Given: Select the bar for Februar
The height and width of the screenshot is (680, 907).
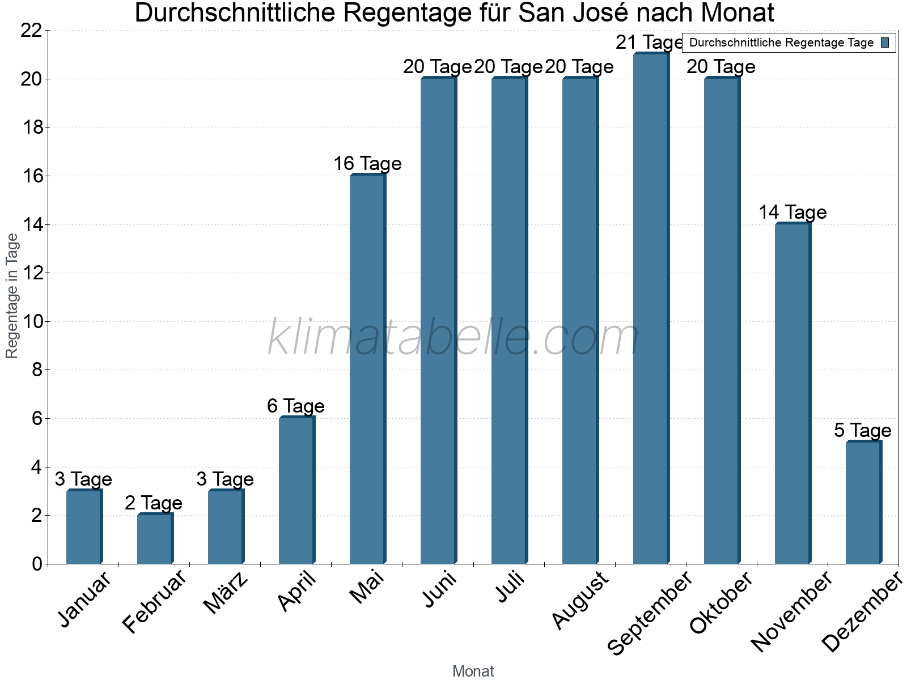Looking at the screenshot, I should tap(155, 539).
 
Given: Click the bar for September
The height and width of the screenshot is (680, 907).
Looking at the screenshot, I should tap(651, 309).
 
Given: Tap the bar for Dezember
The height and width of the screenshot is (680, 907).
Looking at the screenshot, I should tap(863, 503).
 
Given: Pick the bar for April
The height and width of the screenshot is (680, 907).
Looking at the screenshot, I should tap(296, 491).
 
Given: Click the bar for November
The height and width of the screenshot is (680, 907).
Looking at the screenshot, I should tap(792, 394).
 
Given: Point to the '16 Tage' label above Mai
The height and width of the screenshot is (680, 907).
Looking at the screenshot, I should tap(367, 164).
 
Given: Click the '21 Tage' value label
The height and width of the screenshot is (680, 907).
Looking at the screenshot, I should tap(650, 42).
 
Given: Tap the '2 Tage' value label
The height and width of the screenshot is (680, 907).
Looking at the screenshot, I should tap(154, 503).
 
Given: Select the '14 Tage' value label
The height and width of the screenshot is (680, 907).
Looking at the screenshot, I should tap(792, 212).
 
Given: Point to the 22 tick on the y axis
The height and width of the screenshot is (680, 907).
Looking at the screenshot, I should tap(31, 31).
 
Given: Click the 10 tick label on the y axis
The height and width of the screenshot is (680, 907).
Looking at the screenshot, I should tap(31, 322).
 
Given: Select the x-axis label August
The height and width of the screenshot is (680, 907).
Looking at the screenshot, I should tap(580, 600).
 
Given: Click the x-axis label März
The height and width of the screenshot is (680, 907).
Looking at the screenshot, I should tap(226, 593).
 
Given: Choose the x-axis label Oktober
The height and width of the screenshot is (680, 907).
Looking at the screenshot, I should tap(721, 603).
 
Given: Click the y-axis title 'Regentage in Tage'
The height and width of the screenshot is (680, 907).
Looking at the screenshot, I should tap(12, 296).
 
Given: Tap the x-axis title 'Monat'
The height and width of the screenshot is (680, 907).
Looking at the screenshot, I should tap(473, 671).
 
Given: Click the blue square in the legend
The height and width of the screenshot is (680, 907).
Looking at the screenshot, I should tap(885, 42).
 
